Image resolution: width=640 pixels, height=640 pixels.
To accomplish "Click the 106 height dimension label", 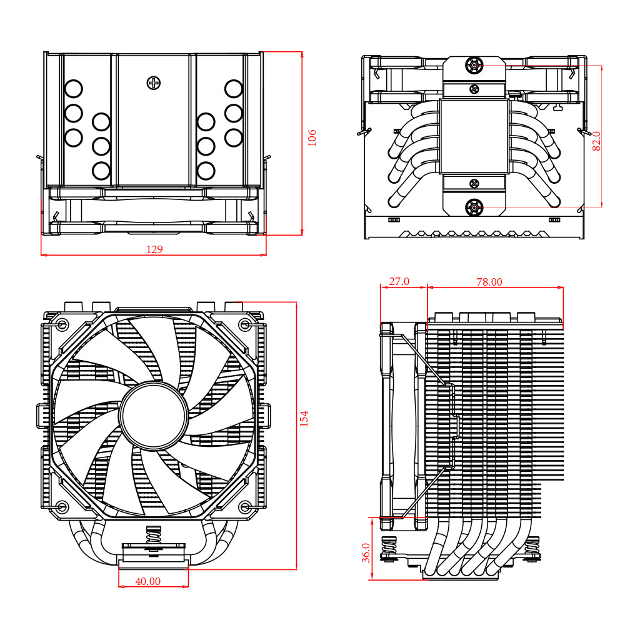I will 312,137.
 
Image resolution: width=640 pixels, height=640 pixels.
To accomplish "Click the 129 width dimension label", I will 154,249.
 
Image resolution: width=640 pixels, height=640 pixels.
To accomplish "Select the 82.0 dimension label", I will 596,141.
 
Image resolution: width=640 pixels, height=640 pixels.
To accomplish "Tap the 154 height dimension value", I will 304,418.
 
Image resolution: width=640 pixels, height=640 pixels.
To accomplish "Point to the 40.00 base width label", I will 148,581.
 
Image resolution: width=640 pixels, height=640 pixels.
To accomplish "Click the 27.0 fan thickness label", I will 399,281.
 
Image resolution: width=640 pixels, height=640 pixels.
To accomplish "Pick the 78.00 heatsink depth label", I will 489,282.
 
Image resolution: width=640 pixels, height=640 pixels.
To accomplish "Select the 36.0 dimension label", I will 366,552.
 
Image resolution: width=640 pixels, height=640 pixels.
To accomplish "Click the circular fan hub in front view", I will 154,416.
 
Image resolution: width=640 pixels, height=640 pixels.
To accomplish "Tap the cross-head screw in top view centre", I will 154,82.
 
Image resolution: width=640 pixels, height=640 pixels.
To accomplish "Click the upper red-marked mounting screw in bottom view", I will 474,65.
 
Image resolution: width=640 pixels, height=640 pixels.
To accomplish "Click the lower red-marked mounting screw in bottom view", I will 474,207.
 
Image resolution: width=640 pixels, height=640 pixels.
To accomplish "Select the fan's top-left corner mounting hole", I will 62,324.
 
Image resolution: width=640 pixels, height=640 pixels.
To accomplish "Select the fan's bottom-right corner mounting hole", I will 245,506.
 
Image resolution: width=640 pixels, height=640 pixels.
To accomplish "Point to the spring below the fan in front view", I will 153,536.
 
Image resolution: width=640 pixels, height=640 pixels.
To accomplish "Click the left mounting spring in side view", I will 389,545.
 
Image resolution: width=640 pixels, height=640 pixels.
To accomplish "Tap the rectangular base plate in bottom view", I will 474,136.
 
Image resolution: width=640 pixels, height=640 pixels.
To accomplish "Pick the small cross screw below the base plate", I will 474,183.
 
